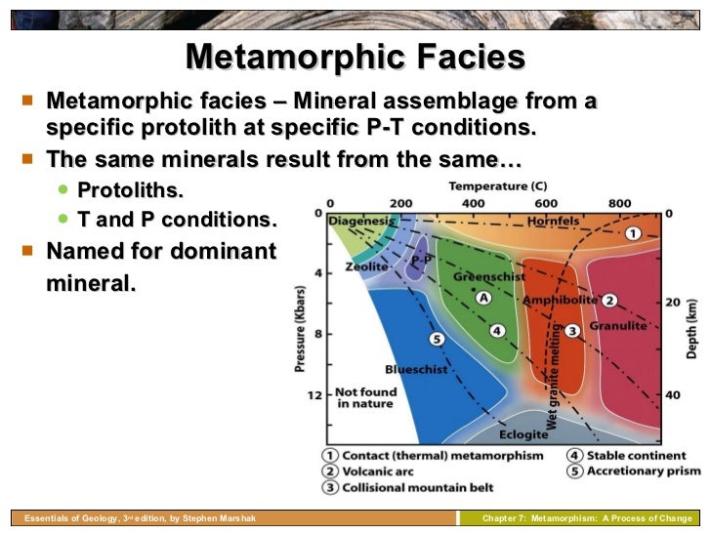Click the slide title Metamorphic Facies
[355, 57]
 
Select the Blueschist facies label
[416, 370]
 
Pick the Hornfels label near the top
[553, 222]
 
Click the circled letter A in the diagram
[481, 298]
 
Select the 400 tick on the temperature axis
[474, 202]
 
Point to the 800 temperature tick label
[619, 202]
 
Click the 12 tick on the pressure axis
[314, 395]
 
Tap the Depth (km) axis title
[691, 327]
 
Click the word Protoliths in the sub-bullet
[130, 188]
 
